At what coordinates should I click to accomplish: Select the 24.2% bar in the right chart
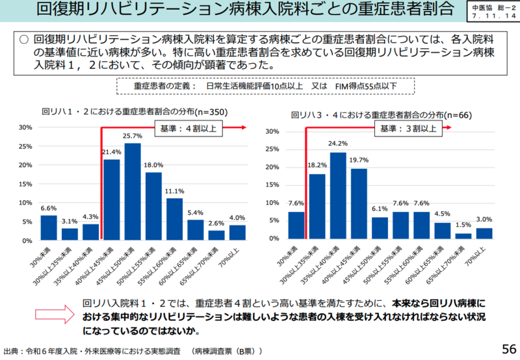point(337,196)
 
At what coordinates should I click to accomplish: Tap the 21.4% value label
point(112,152)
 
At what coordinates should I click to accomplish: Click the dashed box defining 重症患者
point(265,86)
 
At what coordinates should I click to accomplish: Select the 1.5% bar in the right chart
point(463,236)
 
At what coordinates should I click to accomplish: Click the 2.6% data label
point(216,224)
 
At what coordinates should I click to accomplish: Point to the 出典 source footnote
point(133,351)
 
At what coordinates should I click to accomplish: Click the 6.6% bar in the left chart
point(49,227)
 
